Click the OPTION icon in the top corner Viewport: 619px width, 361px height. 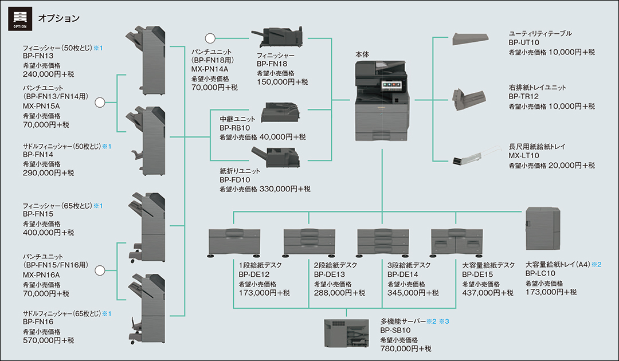pyautogui.click(x=19, y=19)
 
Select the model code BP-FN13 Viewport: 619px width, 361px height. pyautogui.click(x=38, y=56)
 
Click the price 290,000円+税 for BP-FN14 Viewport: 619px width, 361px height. pyautogui.click(x=49, y=172)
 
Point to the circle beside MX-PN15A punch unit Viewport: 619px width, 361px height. pyautogui.click(x=100, y=103)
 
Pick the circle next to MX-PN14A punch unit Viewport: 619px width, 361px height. pyautogui.click(x=210, y=39)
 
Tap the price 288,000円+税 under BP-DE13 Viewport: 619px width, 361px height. pyautogui.click(x=339, y=293)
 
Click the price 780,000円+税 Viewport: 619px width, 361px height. pyautogui.click(x=406, y=348)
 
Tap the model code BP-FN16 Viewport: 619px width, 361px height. pyautogui.click(x=38, y=322)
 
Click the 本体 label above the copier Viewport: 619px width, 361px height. pyautogui.click(x=362, y=54)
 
